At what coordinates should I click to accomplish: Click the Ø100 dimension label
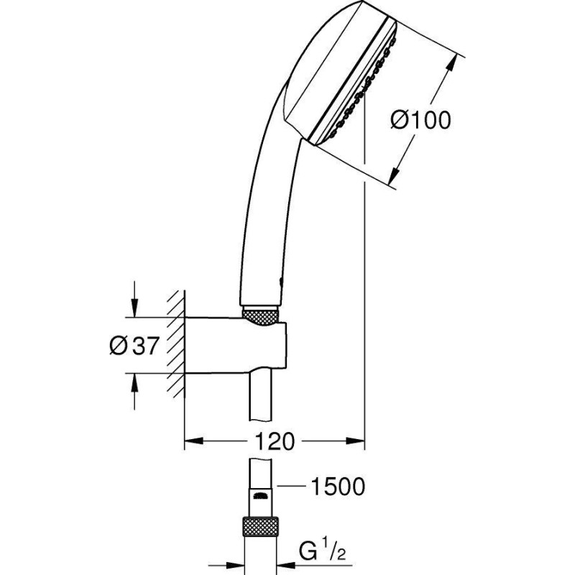(420, 119)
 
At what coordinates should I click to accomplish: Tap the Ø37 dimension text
(134, 346)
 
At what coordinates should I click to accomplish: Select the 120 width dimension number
(275, 441)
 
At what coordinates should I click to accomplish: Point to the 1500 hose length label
(338, 487)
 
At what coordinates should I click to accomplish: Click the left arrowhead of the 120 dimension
(193, 441)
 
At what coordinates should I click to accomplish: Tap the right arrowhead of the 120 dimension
(355, 441)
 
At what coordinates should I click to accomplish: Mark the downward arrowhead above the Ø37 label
(134, 308)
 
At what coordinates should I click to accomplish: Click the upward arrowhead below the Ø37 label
(134, 383)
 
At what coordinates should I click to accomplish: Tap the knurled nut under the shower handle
(260, 316)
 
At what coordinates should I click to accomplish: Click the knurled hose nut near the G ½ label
(260, 527)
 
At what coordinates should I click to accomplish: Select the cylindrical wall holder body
(235, 346)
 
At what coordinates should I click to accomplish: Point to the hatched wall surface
(176, 345)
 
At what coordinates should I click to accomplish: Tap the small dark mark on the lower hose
(260, 496)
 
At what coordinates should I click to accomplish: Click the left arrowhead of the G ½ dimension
(236, 566)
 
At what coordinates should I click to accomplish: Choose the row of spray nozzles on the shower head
(363, 88)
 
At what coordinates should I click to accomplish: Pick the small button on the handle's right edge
(281, 282)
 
